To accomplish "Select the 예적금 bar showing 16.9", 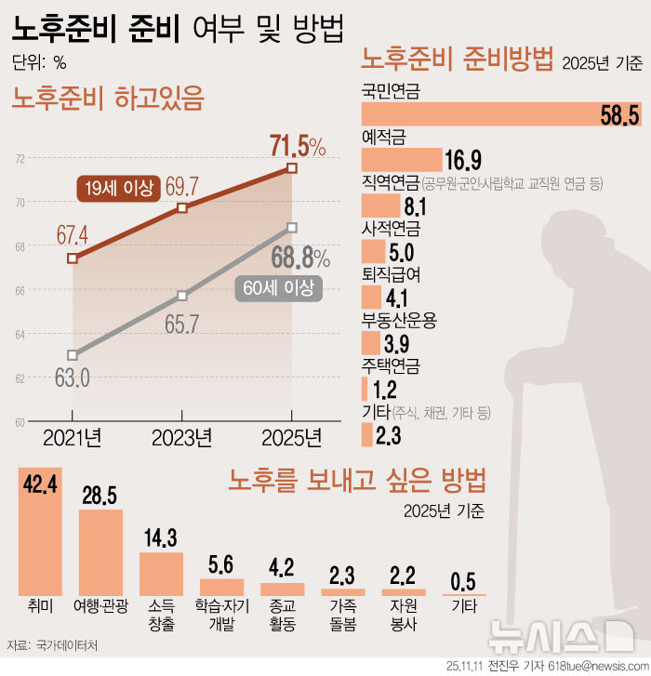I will [401, 158].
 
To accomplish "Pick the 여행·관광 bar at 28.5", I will [100, 552].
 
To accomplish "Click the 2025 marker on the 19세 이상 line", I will [292, 168].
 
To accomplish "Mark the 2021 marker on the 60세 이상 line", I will [73, 354].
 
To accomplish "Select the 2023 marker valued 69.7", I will [182, 207].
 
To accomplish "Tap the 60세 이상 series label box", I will [278, 288].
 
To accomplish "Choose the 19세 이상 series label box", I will [118, 188].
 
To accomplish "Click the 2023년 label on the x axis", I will [182, 436].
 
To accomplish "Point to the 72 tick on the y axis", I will [20, 159].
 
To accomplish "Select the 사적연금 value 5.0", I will [402, 253].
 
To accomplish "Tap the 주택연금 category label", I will [391, 365].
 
